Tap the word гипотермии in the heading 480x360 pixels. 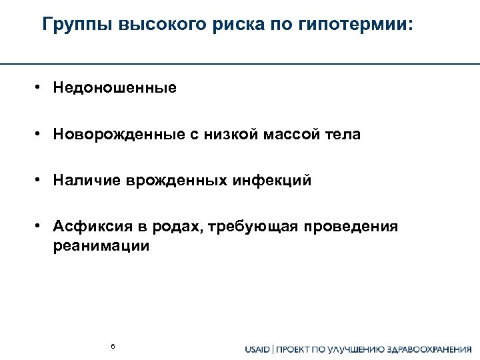coord(361,26)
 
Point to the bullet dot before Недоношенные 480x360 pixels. coord(40,87)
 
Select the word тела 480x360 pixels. coord(342,135)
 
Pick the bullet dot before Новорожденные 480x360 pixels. coord(40,134)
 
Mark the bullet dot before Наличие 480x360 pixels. coord(40,180)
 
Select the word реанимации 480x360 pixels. coord(101,245)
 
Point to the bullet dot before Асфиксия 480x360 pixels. coord(40,226)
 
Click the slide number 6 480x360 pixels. coord(113,346)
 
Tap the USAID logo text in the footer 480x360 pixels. coord(257,348)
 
